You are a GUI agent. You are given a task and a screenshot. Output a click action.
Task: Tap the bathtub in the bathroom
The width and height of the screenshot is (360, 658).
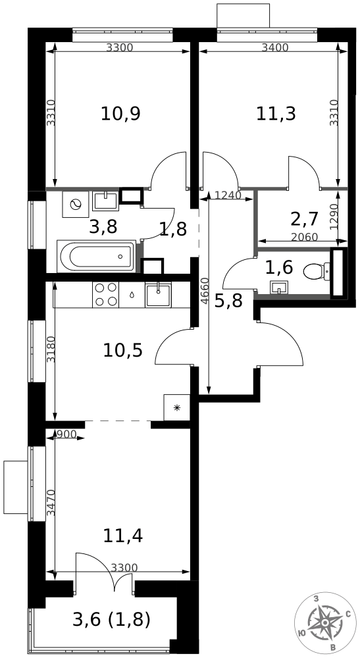(x=97, y=256)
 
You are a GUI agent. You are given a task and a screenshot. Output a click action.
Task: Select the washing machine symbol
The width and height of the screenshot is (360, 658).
(x=76, y=204)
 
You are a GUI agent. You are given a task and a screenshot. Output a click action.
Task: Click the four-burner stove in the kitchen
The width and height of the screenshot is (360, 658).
(x=106, y=295)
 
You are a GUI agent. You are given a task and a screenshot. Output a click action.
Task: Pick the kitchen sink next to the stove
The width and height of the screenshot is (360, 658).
(x=158, y=295)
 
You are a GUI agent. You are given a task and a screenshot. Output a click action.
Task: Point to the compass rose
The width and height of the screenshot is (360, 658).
(x=325, y=622)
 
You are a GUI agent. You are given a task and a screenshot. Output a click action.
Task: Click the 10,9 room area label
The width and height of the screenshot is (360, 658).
(x=120, y=114)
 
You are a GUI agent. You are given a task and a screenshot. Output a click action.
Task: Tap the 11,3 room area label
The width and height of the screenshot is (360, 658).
(x=276, y=113)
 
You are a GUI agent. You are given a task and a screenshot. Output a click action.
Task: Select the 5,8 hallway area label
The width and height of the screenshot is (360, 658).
(x=228, y=301)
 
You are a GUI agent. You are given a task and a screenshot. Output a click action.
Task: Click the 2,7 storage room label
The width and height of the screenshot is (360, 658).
(x=304, y=218)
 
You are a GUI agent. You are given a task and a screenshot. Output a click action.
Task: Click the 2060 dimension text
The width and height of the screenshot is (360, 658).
(x=304, y=237)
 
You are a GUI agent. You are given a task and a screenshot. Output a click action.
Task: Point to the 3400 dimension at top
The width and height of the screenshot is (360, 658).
(x=275, y=48)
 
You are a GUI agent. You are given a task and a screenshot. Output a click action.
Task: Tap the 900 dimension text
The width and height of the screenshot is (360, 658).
(x=66, y=434)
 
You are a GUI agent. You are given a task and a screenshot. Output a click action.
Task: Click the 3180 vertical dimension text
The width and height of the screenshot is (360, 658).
(x=51, y=349)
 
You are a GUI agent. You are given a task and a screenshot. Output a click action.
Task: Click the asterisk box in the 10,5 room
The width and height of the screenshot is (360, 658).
(x=176, y=407)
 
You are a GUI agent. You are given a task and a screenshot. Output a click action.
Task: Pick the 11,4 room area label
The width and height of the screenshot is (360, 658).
(x=123, y=536)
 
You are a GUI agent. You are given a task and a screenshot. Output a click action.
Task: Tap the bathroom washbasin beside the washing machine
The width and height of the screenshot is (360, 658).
(x=106, y=201)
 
